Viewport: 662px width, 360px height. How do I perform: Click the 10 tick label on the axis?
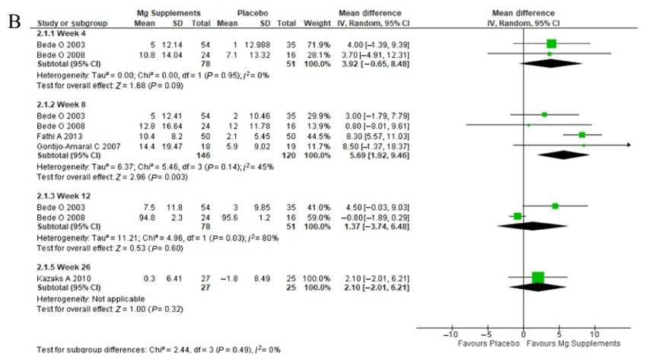594,333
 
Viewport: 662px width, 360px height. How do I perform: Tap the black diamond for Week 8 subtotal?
563,155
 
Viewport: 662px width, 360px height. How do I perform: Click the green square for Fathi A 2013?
582,134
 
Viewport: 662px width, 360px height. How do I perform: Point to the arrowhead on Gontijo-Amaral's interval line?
629,144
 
